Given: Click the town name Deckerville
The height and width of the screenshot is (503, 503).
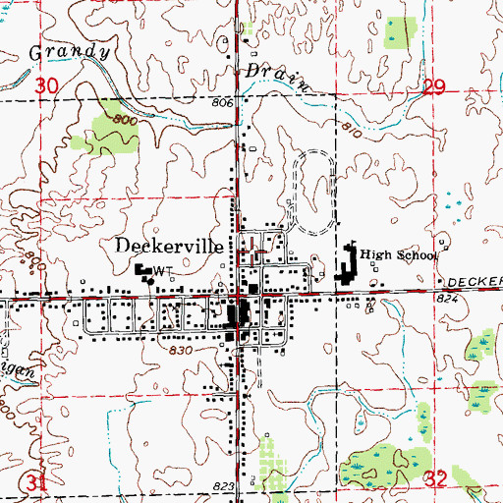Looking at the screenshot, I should [x=173, y=246].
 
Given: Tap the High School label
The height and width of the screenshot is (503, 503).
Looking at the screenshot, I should [x=397, y=255].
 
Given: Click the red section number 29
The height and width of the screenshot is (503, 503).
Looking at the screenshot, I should [x=435, y=88].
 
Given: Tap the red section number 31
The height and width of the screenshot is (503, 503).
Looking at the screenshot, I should [x=38, y=482].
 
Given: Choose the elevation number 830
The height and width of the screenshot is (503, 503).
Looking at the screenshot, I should [x=179, y=350].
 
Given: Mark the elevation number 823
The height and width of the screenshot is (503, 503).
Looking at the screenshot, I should [x=221, y=486].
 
